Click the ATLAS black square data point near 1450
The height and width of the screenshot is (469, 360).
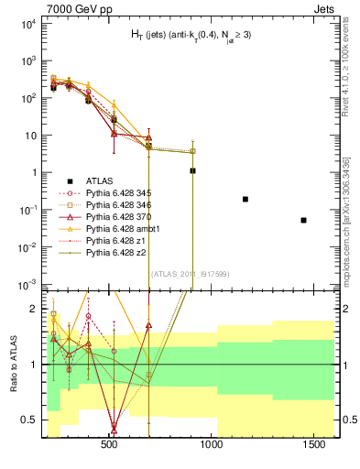[303, 220]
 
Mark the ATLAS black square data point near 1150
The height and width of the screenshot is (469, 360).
[245, 199]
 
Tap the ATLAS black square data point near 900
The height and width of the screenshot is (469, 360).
[192, 170]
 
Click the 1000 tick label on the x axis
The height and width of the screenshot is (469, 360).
[212, 444]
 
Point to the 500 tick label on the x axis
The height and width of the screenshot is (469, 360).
[109, 444]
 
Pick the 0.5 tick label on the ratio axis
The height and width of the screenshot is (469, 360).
[29, 420]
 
